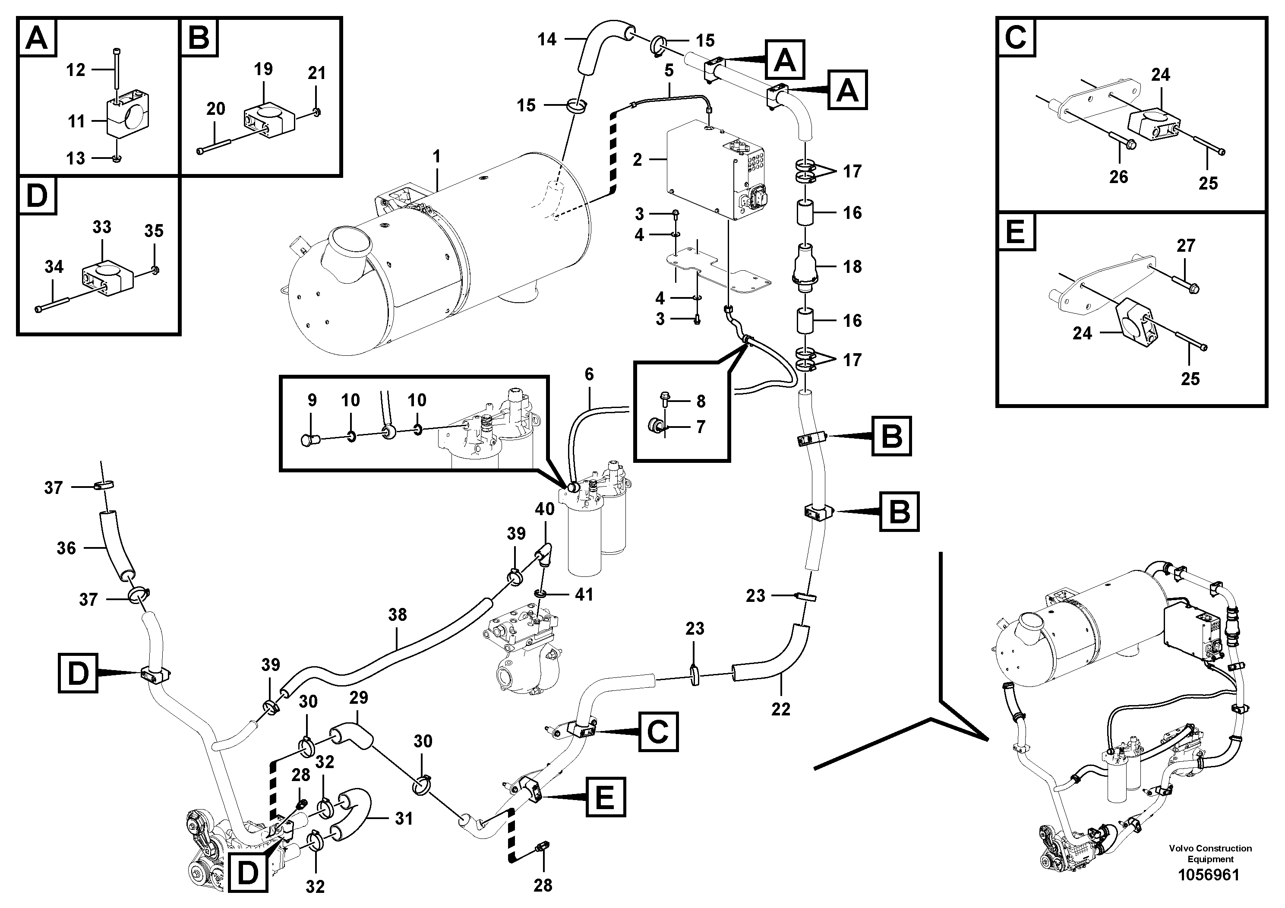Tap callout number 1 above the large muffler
click(436, 156)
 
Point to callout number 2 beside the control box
click(638, 160)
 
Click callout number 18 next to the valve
click(852, 266)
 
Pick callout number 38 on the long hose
click(398, 615)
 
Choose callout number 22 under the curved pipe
click(781, 709)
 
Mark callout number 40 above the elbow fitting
click(545, 509)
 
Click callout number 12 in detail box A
click(76, 70)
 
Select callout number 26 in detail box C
click(1118, 177)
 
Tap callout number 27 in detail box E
click(1186, 245)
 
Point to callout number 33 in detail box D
click(102, 227)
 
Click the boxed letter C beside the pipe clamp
click(658, 731)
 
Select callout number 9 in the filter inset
click(313, 400)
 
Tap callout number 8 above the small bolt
click(701, 402)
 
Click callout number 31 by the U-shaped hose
click(404, 819)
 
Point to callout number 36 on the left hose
click(66, 547)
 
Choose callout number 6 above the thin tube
click(589, 374)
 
